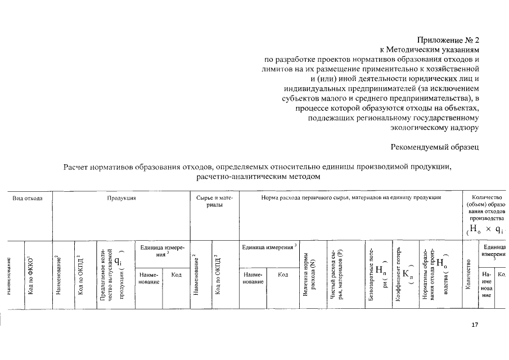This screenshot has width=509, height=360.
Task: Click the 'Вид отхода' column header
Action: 28,199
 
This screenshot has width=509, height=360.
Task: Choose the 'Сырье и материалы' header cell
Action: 214,202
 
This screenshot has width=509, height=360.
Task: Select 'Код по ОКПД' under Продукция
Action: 81,274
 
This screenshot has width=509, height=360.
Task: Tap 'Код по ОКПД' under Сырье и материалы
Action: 219,274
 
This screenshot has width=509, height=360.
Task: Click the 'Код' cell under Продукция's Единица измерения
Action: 175,274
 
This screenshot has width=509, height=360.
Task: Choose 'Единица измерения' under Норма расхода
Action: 267,247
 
